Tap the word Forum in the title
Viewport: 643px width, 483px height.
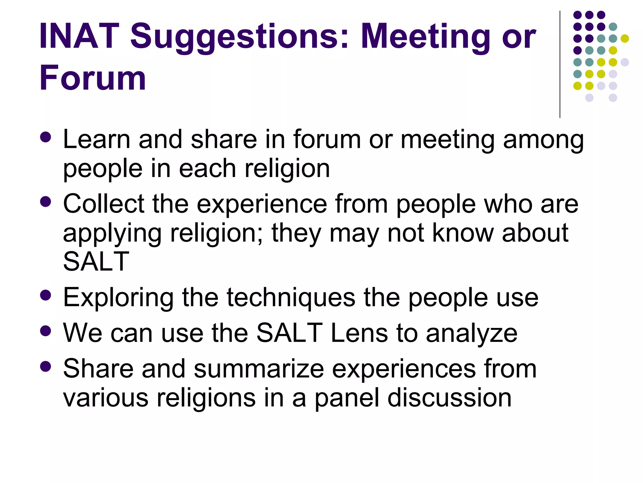[x=93, y=78]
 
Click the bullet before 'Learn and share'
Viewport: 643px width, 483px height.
[x=46, y=137]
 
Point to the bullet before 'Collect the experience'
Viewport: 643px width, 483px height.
[x=46, y=202]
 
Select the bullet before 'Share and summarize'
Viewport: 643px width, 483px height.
[x=46, y=366]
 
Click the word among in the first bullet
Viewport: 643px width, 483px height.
[x=543, y=140]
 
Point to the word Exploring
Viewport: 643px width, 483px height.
[x=118, y=298]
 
